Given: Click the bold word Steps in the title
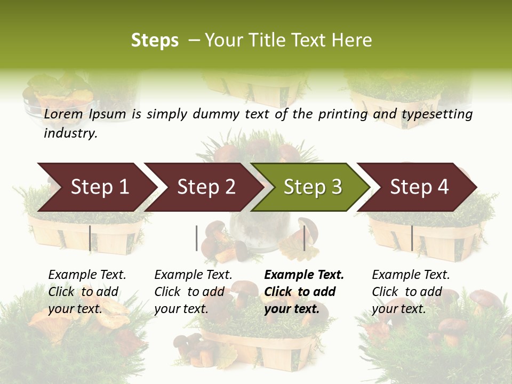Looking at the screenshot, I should [x=155, y=41].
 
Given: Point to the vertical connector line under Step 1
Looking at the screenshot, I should [x=90, y=238].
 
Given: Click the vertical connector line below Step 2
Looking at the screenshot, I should [x=197, y=238].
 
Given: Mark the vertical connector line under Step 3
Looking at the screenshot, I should [x=304, y=238].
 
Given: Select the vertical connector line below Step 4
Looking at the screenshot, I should [x=412, y=238].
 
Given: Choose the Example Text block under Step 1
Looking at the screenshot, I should [x=87, y=292].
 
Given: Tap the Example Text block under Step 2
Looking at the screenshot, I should [x=193, y=292].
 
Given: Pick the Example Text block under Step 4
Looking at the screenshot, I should [x=410, y=292].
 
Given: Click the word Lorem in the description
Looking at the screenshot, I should [x=63, y=114].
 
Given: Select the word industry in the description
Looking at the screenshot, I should [x=70, y=133].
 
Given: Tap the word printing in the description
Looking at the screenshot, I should [x=350, y=114].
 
